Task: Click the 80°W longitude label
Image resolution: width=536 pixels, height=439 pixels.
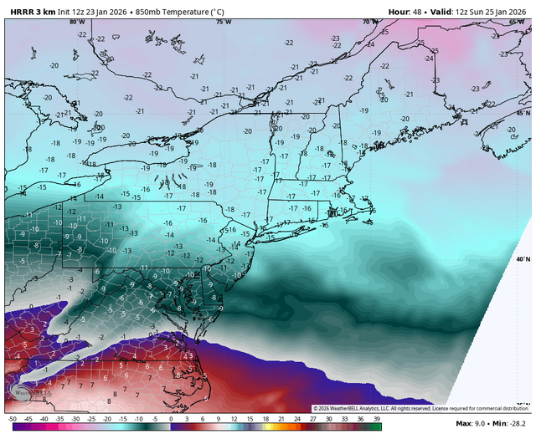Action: pyautogui.click(x=75, y=22)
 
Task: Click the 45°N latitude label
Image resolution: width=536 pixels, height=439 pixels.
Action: pyautogui.click(x=523, y=112)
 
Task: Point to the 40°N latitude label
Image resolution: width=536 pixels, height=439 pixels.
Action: pyautogui.click(x=523, y=260)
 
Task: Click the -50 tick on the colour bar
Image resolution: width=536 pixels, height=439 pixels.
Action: pyautogui.click(x=13, y=418)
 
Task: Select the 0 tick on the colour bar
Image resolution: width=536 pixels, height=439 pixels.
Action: pyautogui.click(x=171, y=418)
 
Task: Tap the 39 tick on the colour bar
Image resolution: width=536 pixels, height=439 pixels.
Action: pyautogui.click(x=378, y=418)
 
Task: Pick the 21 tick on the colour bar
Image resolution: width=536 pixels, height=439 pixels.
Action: pyautogui.click(x=282, y=418)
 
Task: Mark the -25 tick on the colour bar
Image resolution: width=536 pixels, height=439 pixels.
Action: pyautogui.click(x=92, y=418)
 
